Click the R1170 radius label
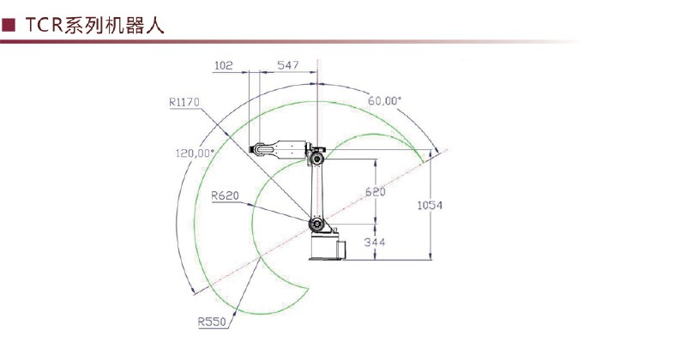click(x=184, y=102)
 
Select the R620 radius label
click(x=225, y=195)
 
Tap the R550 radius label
click(x=212, y=322)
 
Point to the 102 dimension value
click(x=224, y=66)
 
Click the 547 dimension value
click(x=288, y=65)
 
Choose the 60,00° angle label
click(x=384, y=100)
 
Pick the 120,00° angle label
click(x=196, y=153)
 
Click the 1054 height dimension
click(x=430, y=205)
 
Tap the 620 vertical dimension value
click(x=376, y=192)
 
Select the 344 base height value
click(x=375, y=242)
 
